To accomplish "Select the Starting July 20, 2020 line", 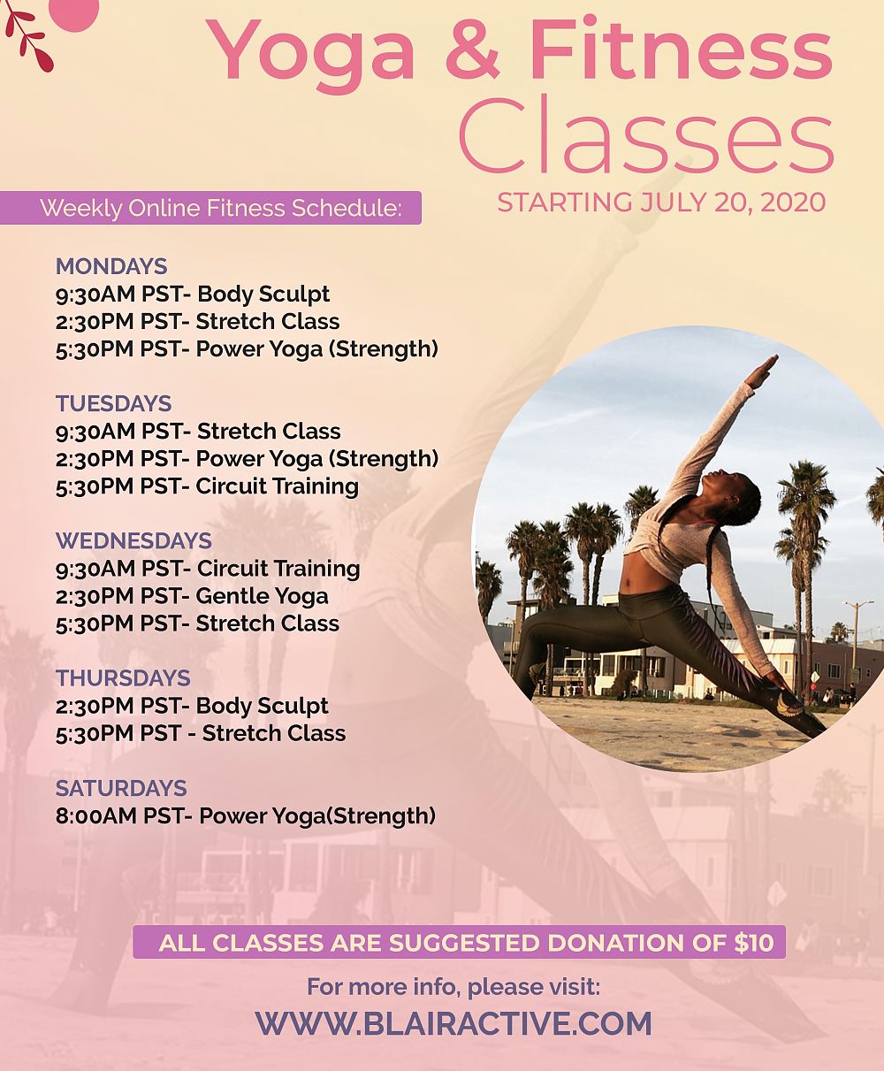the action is pos(661,203).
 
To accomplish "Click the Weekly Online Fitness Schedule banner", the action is pos(210,208).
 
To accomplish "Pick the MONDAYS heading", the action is pos(111,266).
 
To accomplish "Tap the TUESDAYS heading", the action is pos(113,403).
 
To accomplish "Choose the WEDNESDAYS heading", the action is pos(133,540).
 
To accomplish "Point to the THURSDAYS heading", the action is pos(123,678).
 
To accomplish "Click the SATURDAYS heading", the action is pos(121,788).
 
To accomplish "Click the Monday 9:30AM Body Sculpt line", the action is pos(193,295).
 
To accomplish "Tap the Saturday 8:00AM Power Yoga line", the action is pos(246,816).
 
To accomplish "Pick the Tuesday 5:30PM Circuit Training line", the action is pos(207,486).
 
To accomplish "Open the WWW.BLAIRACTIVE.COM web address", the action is pos(453,1022).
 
